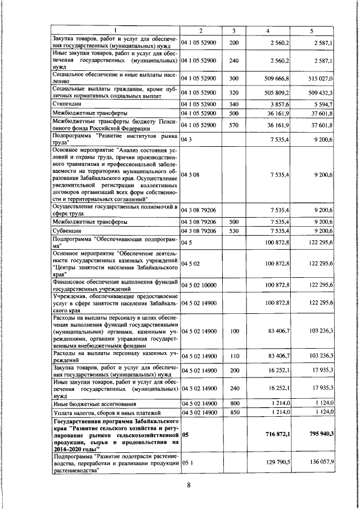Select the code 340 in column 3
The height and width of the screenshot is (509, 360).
click(x=234, y=104)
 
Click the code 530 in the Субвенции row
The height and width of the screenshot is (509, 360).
click(x=234, y=231)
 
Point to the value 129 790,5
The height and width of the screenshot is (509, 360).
click(x=276, y=463)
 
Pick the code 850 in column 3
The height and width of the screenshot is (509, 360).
click(x=234, y=413)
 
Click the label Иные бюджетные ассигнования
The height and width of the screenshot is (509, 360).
click(x=89, y=403)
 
